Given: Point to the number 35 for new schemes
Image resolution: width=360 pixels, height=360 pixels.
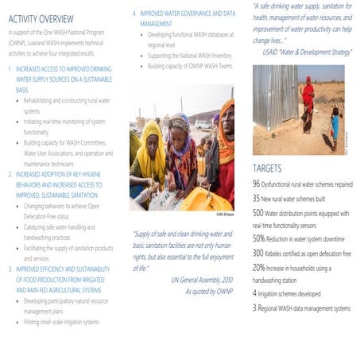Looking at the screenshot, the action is point(257,198).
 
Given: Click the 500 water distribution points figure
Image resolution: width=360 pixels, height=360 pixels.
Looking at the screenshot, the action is point(259,213).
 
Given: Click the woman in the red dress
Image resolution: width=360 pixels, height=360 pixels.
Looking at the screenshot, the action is point(307,103).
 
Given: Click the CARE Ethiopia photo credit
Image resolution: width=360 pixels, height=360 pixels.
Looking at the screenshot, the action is point(224,214).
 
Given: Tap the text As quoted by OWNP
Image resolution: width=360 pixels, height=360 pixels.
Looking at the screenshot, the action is point(208,292).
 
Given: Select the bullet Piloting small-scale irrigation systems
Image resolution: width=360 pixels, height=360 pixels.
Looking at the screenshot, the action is point(62,322).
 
